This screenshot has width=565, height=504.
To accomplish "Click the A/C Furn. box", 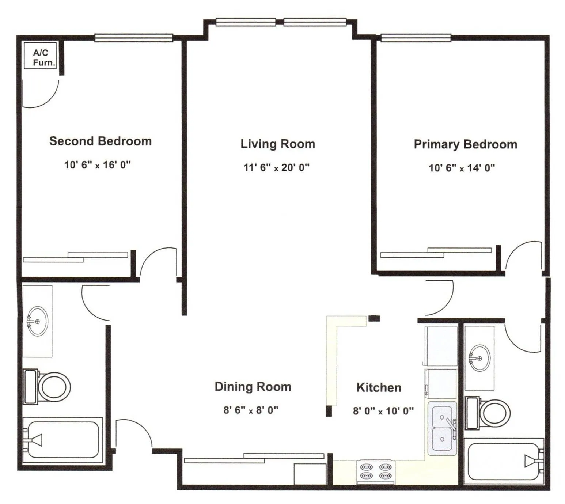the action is [x=41, y=56].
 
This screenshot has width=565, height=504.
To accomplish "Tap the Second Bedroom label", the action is [x=101, y=141].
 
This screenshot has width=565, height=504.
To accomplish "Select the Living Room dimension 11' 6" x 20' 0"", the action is [x=276, y=168].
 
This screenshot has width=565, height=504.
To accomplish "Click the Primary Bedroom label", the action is [x=466, y=144].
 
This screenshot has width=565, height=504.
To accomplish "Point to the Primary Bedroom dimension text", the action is [x=462, y=168].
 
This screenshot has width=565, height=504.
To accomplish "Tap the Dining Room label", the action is [x=253, y=387].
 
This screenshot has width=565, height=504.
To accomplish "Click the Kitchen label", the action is [x=379, y=387].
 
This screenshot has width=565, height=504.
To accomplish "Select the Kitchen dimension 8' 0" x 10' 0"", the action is [x=383, y=411].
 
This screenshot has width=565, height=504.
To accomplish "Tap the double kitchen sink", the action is [x=442, y=428].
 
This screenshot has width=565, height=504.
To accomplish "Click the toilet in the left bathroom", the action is [x=47, y=387].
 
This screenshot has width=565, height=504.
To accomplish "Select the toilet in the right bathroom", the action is [x=488, y=413].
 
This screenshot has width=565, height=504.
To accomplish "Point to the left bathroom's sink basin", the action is [x=38, y=321].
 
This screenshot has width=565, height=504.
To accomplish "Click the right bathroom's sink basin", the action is [x=479, y=358].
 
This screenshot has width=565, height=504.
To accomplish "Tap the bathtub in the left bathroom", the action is [x=63, y=440].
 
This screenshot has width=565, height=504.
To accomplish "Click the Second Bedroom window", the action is [x=134, y=38].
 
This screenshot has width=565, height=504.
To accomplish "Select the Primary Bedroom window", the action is [x=416, y=38].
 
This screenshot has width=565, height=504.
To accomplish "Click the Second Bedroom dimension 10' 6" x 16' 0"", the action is [x=97, y=165].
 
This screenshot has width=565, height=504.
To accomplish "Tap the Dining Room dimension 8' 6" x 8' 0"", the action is [x=251, y=410].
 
